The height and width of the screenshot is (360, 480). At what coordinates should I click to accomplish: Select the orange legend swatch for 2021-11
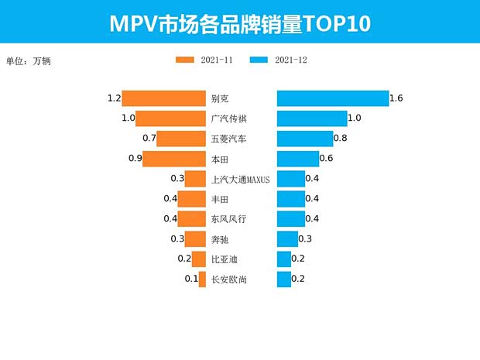[x=185, y=60]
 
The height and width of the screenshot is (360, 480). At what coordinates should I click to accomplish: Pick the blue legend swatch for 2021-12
[x=259, y=60]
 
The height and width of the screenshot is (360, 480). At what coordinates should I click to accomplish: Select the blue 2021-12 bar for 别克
[x=333, y=98]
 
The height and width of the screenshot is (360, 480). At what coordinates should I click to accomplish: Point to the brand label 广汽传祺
[x=229, y=119]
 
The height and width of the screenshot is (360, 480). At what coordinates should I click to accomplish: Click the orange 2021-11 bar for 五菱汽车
[x=181, y=139]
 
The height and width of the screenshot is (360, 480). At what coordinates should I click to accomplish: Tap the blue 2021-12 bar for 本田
[x=298, y=159]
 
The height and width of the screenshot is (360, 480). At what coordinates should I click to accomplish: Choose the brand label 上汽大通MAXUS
[x=240, y=180]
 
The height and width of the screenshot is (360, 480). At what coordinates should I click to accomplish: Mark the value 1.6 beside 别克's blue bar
[x=396, y=98]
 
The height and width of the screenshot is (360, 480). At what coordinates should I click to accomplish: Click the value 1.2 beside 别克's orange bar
[x=115, y=98]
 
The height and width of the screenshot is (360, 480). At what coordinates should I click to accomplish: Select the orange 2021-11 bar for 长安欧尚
[x=202, y=279]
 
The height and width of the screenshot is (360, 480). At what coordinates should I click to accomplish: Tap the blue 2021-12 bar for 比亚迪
[x=284, y=259]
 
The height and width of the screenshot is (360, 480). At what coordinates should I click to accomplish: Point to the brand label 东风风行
[x=229, y=219]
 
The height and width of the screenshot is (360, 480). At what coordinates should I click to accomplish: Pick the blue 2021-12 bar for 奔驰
[x=287, y=238]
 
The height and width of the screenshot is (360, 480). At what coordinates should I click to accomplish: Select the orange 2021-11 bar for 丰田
[x=192, y=199]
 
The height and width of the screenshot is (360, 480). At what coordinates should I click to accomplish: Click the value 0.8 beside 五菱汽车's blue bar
[x=340, y=139]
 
